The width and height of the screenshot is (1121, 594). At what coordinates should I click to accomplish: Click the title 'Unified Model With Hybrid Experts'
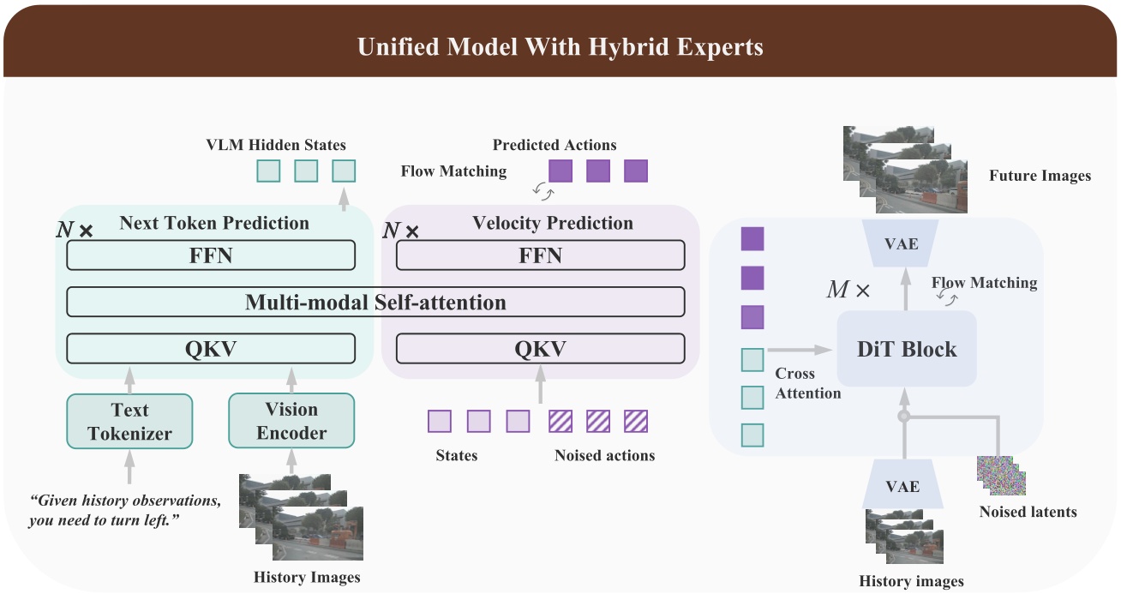click(560, 46)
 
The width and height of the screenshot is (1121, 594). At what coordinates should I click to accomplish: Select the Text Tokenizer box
click(129, 421)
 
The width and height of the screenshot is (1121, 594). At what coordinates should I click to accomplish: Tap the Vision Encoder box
click(291, 421)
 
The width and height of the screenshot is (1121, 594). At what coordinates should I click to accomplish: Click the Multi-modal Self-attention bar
click(375, 302)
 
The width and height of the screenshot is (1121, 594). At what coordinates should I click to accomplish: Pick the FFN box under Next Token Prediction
click(211, 255)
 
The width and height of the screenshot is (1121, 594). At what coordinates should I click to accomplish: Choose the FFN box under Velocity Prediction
click(540, 255)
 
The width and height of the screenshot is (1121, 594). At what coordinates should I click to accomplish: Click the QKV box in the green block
click(211, 349)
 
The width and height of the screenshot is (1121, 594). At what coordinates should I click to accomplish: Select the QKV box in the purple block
click(540, 349)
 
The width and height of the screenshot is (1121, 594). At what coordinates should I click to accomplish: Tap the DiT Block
click(907, 349)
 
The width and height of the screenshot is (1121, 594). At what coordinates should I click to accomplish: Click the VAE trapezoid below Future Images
click(902, 244)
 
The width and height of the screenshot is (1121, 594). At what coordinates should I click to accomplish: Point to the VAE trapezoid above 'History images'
click(902, 486)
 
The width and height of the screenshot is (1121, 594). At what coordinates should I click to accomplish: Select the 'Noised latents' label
click(1028, 512)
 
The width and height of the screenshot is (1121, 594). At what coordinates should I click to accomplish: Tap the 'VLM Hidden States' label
click(276, 145)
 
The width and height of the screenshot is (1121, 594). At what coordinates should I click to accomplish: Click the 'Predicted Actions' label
click(555, 145)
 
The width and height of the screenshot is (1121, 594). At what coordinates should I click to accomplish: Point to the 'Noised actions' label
click(604, 455)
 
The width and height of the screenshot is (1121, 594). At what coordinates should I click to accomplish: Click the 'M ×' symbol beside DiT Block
click(848, 290)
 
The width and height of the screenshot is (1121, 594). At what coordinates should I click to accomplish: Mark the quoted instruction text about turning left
click(125, 510)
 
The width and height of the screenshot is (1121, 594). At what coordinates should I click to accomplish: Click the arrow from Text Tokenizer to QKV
click(129, 378)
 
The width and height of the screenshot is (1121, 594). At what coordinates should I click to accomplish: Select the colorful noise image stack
click(1001, 474)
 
